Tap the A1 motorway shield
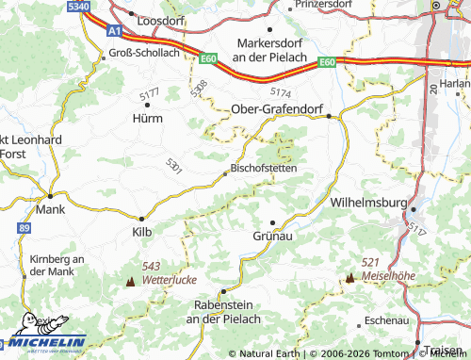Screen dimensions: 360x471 point(114,31)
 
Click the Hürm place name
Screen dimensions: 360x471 point(147,119)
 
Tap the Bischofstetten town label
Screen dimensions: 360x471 point(263,168)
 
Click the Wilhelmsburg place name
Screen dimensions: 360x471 point(367,203)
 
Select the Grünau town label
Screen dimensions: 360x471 point(274,236)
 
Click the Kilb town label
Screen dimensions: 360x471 point(141,230)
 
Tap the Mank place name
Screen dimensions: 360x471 point(49,210)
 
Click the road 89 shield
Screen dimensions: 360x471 point(23,228)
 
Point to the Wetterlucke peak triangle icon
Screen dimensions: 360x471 point(130,281)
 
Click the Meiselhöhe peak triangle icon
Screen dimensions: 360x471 point(350,277)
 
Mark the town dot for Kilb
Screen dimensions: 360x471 point(142,218)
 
